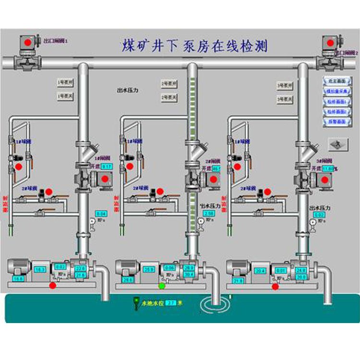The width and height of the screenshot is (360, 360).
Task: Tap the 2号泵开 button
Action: coord(169,84)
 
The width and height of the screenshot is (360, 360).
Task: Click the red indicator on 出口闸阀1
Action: coord(28,43)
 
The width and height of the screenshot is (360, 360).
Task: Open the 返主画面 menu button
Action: coord(337,81)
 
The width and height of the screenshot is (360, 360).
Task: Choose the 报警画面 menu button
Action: coord(337,122)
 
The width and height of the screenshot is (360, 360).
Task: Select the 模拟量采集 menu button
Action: coord(337,91)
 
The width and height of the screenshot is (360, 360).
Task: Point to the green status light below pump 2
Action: coord(162,286)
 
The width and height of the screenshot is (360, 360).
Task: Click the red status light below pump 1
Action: coord(52,286)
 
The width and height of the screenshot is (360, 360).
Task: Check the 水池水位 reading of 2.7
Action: coord(171,303)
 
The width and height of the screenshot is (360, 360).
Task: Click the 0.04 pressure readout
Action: coord(101,213)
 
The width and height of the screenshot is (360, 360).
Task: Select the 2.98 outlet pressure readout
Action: coord(208,213)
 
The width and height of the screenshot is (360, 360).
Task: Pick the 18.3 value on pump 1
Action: coord(41,270)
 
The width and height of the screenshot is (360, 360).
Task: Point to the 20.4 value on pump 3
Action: coord(260,271)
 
